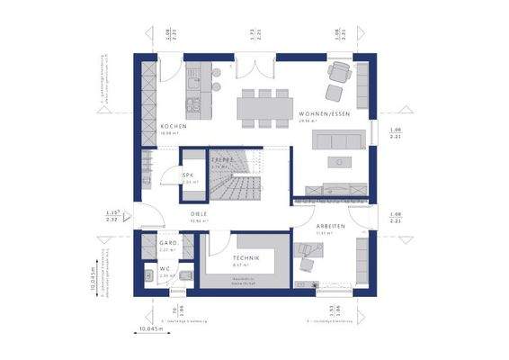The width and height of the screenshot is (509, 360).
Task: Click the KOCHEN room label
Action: click(173, 127)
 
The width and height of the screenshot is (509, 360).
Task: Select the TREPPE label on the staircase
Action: click(222, 159)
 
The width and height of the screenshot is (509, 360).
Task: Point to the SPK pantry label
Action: click(188, 175)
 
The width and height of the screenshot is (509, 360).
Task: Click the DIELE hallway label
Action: click(199, 213)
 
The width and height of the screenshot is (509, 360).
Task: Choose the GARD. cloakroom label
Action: click(166, 243)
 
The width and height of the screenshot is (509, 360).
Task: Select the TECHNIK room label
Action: click(246, 258)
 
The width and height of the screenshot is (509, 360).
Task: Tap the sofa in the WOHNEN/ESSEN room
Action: click(338, 139)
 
